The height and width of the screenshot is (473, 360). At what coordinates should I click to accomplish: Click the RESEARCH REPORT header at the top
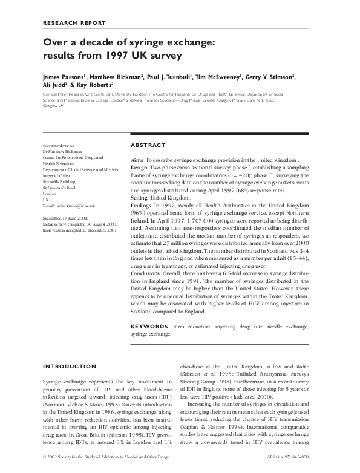click(73, 22)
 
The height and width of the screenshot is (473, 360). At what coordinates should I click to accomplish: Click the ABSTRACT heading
click(148, 145)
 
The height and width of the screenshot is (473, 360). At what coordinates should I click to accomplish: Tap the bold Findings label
click(142, 206)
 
